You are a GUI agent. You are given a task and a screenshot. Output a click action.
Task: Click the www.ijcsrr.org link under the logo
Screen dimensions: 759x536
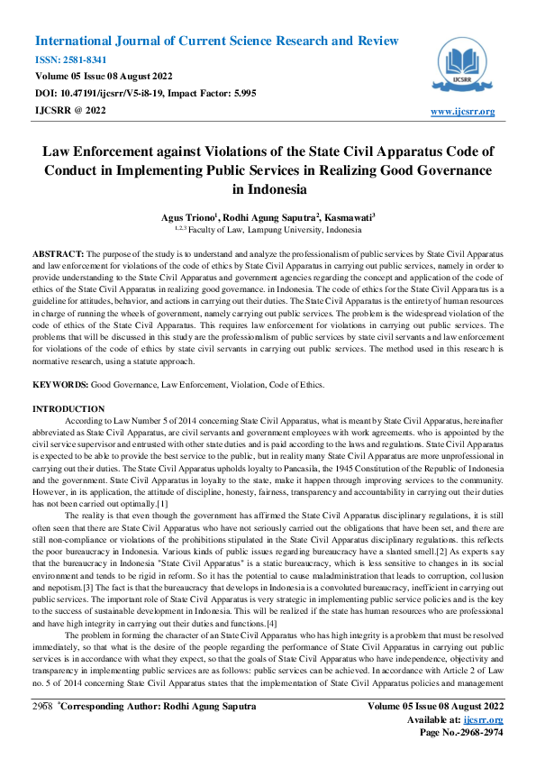[x=463, y=112]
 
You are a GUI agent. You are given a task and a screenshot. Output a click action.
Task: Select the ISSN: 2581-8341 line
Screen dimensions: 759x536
[x=69, y=59]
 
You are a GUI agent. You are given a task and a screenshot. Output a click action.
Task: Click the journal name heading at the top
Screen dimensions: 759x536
[x=216, y=41]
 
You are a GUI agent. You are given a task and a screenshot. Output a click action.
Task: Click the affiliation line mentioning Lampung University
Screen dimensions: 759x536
[x=268, y=230]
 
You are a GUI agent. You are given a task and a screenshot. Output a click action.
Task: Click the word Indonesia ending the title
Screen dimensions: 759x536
[x=268, y=189]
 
